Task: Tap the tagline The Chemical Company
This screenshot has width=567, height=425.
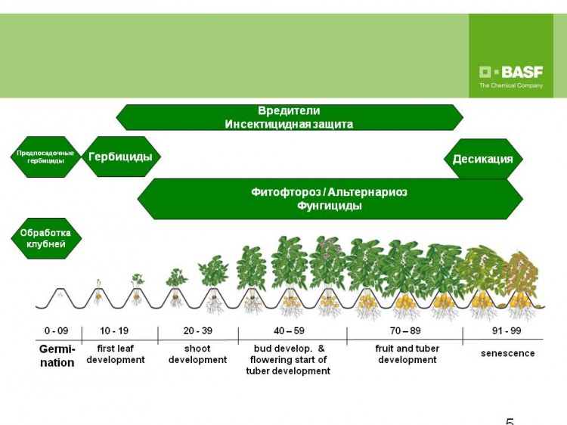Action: coord(511,85)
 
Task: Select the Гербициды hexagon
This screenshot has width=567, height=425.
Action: coord(121,157)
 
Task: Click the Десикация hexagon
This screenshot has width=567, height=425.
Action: coord(483,159)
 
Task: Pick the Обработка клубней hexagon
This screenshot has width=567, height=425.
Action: coord(46,238)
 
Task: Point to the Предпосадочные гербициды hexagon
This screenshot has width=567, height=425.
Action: coord(45,157)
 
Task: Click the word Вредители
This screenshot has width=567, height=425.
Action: coord(289,110)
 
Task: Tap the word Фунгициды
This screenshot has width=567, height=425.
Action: coord(330,206)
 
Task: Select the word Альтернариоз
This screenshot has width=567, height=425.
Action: coord(368,191)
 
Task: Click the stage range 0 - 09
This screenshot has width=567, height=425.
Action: coord(57,330)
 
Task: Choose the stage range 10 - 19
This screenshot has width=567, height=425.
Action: coord(114,330)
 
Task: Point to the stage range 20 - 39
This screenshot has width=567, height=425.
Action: coord(198,330)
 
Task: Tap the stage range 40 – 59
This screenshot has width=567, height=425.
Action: coord(290,330)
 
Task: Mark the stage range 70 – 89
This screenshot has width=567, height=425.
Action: coord(405,330)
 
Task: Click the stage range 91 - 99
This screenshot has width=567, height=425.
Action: coord(507,330)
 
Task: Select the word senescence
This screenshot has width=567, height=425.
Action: coord(508,353)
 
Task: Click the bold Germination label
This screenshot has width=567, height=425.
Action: coord(57,356)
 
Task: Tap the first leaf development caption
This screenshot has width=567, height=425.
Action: coord(116,354)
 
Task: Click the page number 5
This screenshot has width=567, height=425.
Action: coord(510,421)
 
